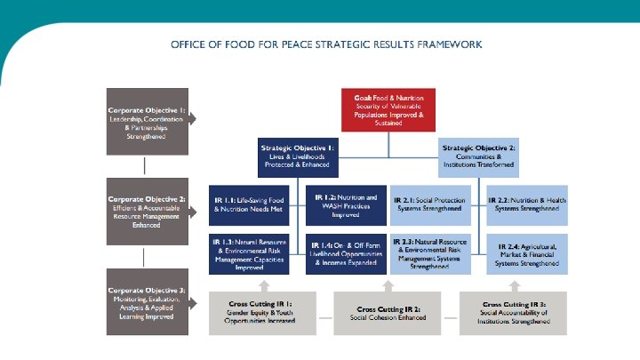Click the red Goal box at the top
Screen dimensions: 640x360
388,110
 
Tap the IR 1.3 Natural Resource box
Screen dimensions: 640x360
252,252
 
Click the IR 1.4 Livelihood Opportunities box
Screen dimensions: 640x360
347,252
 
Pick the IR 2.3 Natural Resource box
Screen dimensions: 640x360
436,252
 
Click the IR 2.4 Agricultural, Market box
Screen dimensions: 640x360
528,252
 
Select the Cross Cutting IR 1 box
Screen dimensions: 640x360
262,312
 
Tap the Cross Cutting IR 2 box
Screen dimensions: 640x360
388,312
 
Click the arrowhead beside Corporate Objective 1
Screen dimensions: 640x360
193,118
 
